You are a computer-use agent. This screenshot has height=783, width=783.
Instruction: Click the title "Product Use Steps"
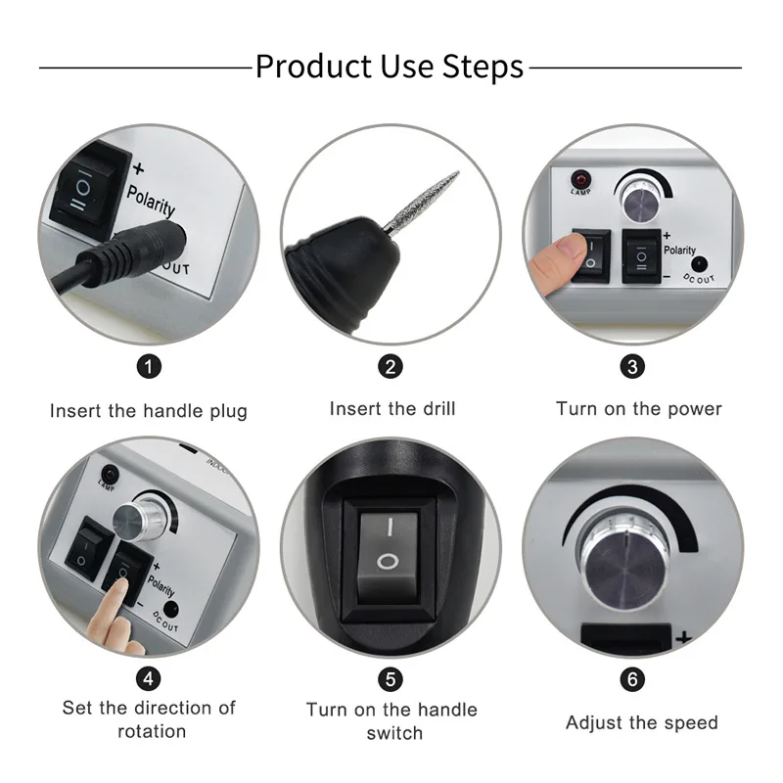(390, 68)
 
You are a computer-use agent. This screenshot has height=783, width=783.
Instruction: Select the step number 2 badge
(391, 367)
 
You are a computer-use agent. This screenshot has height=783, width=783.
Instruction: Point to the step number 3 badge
(633, 367)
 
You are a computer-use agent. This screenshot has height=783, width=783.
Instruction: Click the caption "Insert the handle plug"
(149, 411)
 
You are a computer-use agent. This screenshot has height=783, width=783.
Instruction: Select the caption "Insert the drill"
(391, 408)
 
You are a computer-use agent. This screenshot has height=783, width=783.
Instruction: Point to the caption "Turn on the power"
(638, 408)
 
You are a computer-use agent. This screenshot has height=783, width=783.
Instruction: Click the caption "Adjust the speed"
(641, 723)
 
